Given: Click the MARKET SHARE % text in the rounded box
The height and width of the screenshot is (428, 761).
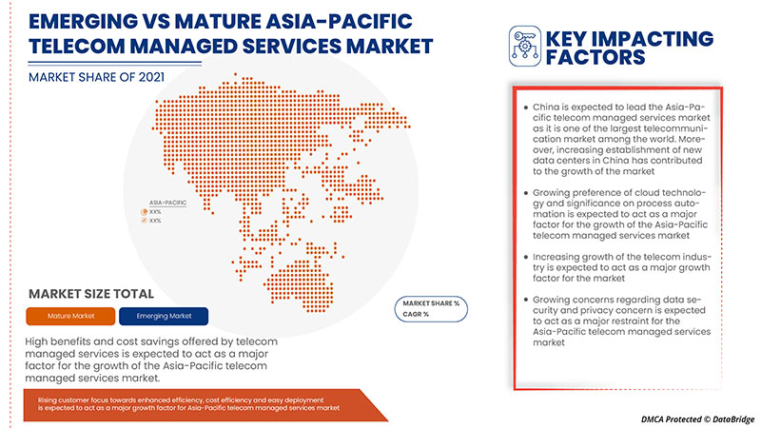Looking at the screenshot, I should click(x=430, y=302).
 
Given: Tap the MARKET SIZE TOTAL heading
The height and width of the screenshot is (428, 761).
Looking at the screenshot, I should click(x=91, y=294).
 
